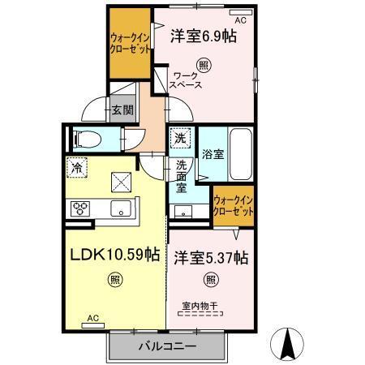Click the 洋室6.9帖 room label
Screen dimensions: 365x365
point(203,36)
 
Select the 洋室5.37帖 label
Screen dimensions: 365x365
point(211,258)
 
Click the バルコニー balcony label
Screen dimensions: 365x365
point(166,346)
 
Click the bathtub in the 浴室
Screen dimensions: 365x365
point(240,155)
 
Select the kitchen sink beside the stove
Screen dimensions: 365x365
point(121,209)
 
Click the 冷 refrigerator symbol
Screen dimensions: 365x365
point(75,169)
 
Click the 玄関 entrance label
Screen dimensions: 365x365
point(122,110)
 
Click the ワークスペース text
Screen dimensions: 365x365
point(186,79)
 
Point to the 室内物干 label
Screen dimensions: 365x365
point(200,306)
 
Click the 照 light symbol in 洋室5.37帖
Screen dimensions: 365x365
point(211,281)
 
